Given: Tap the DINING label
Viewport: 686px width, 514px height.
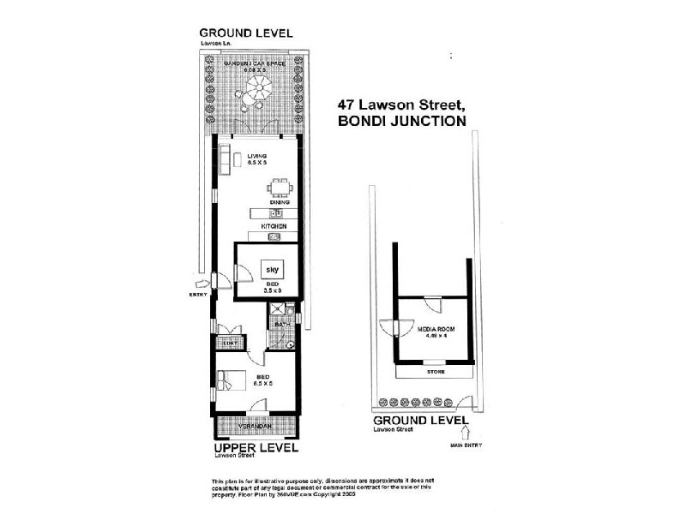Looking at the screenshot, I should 279,203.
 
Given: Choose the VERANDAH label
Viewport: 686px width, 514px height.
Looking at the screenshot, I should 256,426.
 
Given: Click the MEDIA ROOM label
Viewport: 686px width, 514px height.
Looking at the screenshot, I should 435,329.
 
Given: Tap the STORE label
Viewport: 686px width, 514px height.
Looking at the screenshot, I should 436,372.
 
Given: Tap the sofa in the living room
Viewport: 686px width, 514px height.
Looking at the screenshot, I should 226,158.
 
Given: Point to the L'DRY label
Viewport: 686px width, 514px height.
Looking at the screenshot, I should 230,343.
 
